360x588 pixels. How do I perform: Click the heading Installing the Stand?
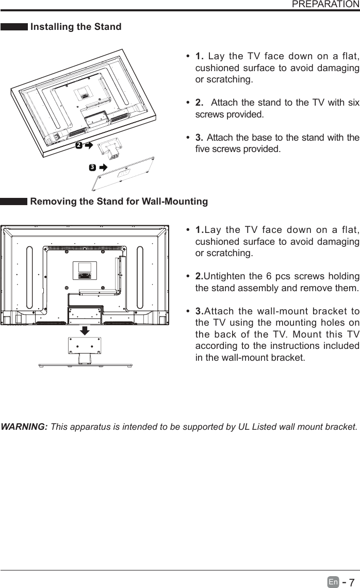[76, 27]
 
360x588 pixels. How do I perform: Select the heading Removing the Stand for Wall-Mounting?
[119, 201]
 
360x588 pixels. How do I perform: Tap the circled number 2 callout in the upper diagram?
[78, 146]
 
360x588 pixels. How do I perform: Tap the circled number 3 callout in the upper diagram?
[92, 167]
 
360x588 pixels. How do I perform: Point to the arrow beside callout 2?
[88, 146]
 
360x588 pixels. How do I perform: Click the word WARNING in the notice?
[25, 427]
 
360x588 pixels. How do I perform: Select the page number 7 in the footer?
[352, 582]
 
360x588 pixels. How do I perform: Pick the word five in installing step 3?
[203, 149]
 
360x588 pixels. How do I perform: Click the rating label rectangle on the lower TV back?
[85, 270]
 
